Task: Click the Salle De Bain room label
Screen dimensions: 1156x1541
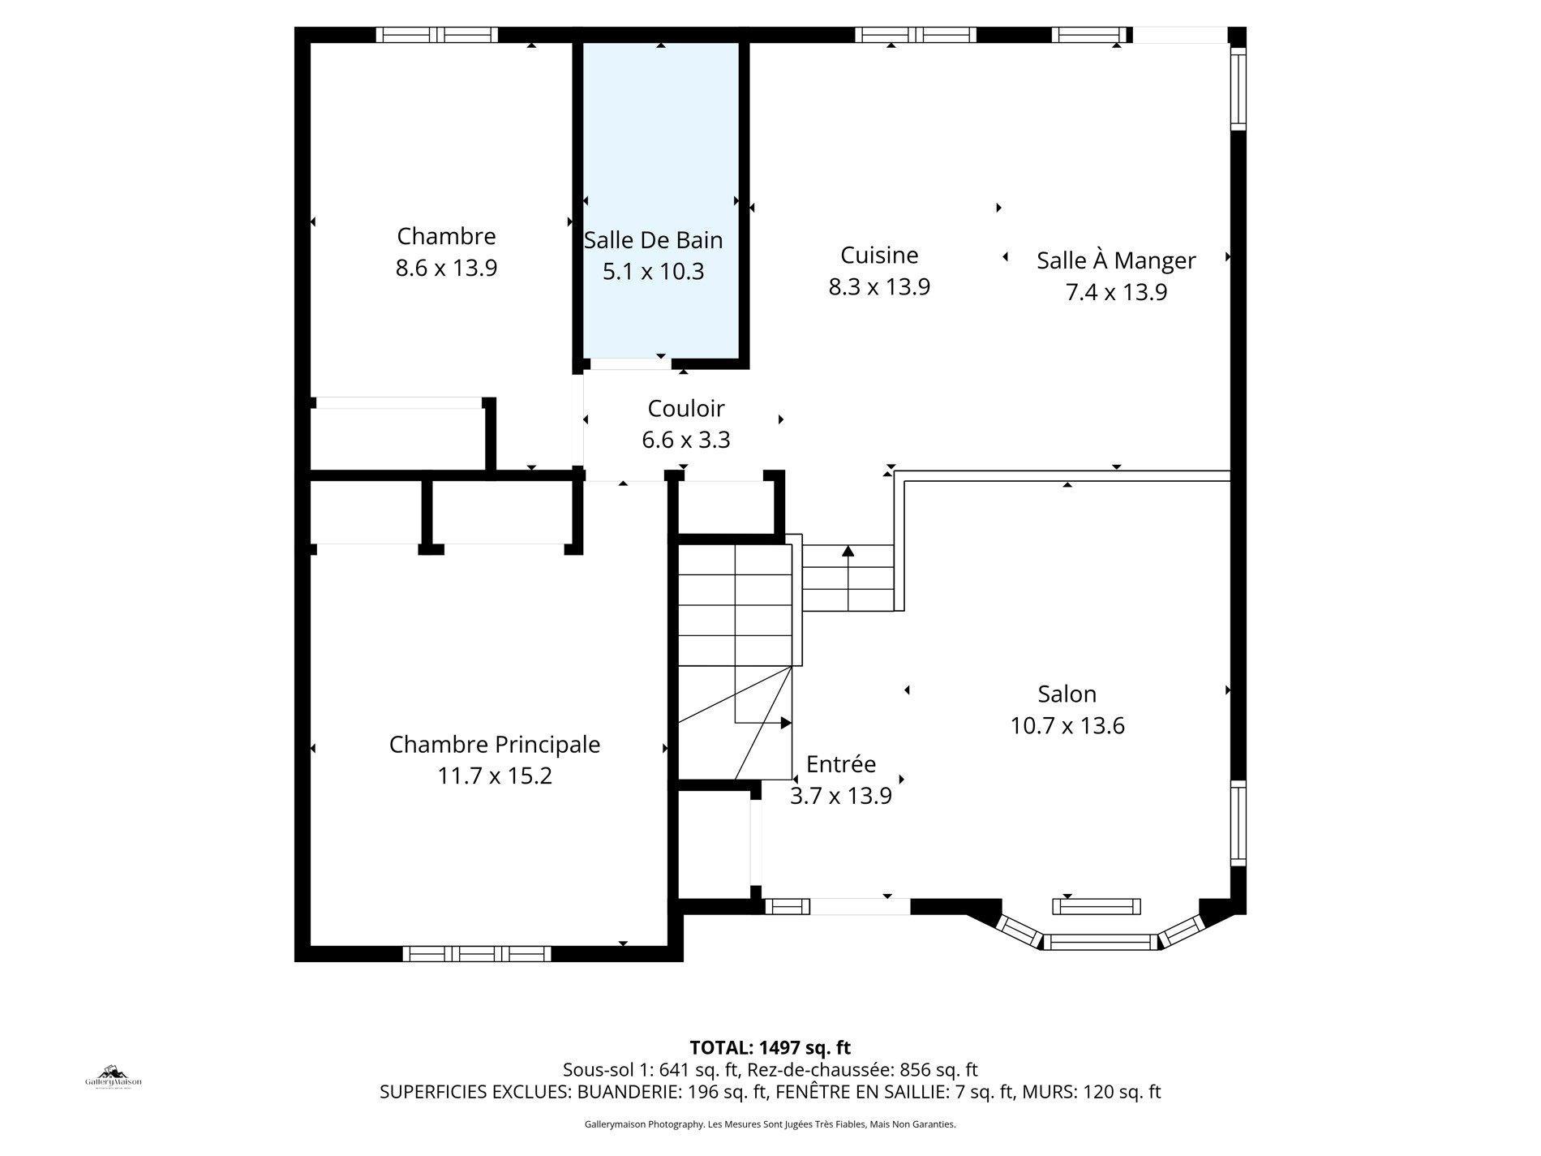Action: coord(653,240)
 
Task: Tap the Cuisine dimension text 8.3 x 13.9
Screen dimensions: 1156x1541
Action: coord(879,286)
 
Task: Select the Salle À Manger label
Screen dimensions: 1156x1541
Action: coord(1116,260)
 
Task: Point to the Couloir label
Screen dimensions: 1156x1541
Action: coord(686,408)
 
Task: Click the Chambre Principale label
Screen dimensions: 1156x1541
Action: coord(495,745)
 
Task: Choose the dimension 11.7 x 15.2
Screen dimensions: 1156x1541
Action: coord(495,776)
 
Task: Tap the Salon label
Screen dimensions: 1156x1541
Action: coord(1067,694)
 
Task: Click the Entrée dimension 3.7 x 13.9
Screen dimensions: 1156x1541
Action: coord(841,796)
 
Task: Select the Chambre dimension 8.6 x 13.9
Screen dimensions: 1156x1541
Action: coord(446,268)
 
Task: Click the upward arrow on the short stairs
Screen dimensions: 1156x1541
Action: coord(848,552)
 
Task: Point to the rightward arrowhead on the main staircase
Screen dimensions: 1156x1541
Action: coord(785,722)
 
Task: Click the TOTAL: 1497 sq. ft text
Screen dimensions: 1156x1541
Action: coord(770,1047)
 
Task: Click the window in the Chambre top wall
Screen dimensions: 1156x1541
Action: coord(437,35)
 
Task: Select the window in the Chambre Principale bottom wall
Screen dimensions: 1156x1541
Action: coord(477,953)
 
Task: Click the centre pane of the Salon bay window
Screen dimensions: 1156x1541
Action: coord(1100,942)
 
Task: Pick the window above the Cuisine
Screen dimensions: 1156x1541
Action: coord(916,35)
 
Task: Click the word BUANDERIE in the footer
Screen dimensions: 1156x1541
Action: coord(629,1092)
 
